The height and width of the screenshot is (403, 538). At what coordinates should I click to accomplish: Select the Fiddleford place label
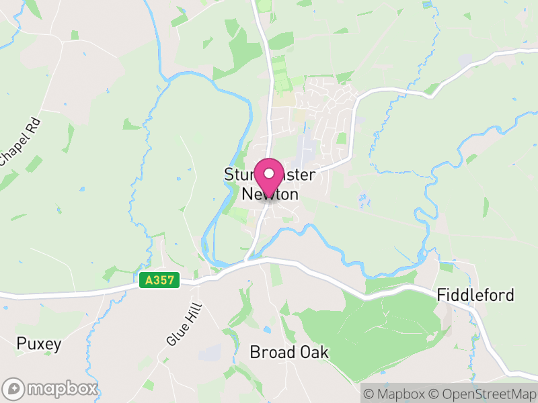click(475, 295)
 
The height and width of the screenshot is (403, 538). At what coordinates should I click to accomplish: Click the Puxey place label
click(39, 345)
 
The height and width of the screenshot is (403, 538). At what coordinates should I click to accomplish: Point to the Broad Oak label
click(289, 352)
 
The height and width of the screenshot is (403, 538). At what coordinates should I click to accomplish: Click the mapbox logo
click(50, 388)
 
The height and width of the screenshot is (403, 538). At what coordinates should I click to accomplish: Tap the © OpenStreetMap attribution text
click(483, 393)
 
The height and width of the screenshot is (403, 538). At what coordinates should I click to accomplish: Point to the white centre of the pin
click(269, 173)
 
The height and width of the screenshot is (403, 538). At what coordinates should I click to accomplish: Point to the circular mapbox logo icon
click(14, 388)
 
